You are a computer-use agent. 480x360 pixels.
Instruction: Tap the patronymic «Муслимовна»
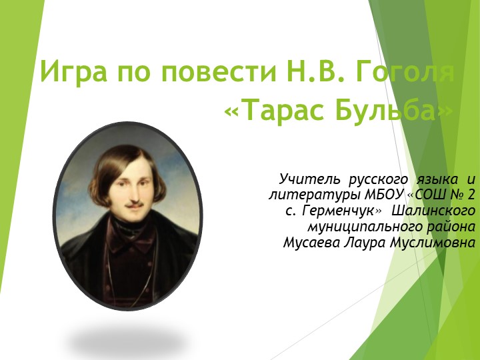tap(434, 243)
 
